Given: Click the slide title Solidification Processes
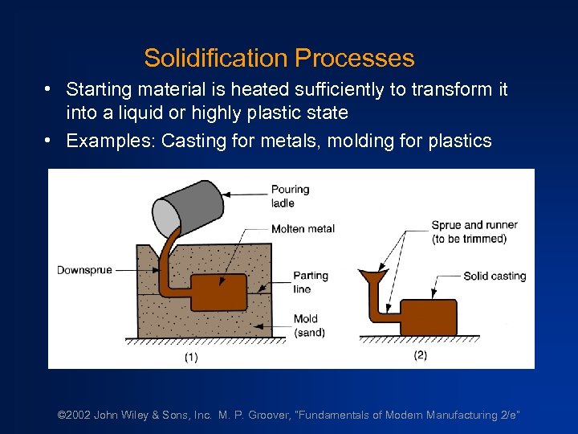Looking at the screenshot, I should pos(279,58).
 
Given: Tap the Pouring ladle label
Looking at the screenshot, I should pos(290,196).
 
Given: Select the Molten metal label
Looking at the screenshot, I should pos(303,228).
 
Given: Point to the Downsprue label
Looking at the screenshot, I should pos(84,270).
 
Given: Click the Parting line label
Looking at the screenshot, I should pos(311,282).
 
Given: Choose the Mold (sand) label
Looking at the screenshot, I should pos(309,325).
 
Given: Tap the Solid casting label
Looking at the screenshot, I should pos(495,276).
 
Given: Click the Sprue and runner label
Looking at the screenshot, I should pos(474,231).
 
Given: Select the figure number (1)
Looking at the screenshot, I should pos(190,358).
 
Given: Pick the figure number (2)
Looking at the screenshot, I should pos(420,355).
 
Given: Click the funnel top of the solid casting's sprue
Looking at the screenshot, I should pos(371,277).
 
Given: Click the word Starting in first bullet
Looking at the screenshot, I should pos(98,89).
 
